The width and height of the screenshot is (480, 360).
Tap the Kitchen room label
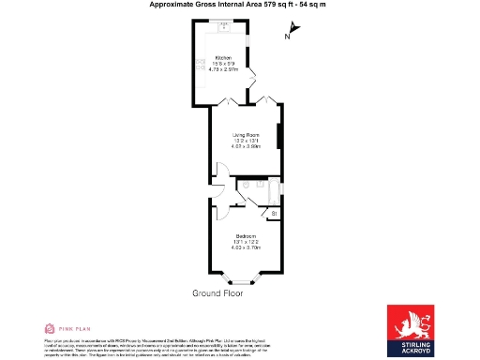click(x=223, y=57)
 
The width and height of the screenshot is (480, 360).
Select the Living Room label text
click(x=246, y=135)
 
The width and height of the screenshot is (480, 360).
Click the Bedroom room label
click(x=246, y=234)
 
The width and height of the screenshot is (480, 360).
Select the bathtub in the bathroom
click(x=273, y=190)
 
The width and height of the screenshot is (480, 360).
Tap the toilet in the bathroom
click(x=243, y=187)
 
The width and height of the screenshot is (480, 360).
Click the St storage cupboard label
click(x=274, y=216)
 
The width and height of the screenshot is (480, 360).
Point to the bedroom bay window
click(x=244, y=279)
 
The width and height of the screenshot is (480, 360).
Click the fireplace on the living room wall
click(x=278, y=136)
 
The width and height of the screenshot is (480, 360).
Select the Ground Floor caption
click(x=217, y=293)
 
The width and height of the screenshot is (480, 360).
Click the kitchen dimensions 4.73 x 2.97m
click(x=223, y=68)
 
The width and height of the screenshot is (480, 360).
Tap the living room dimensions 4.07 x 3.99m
click(x=246, y=147)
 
